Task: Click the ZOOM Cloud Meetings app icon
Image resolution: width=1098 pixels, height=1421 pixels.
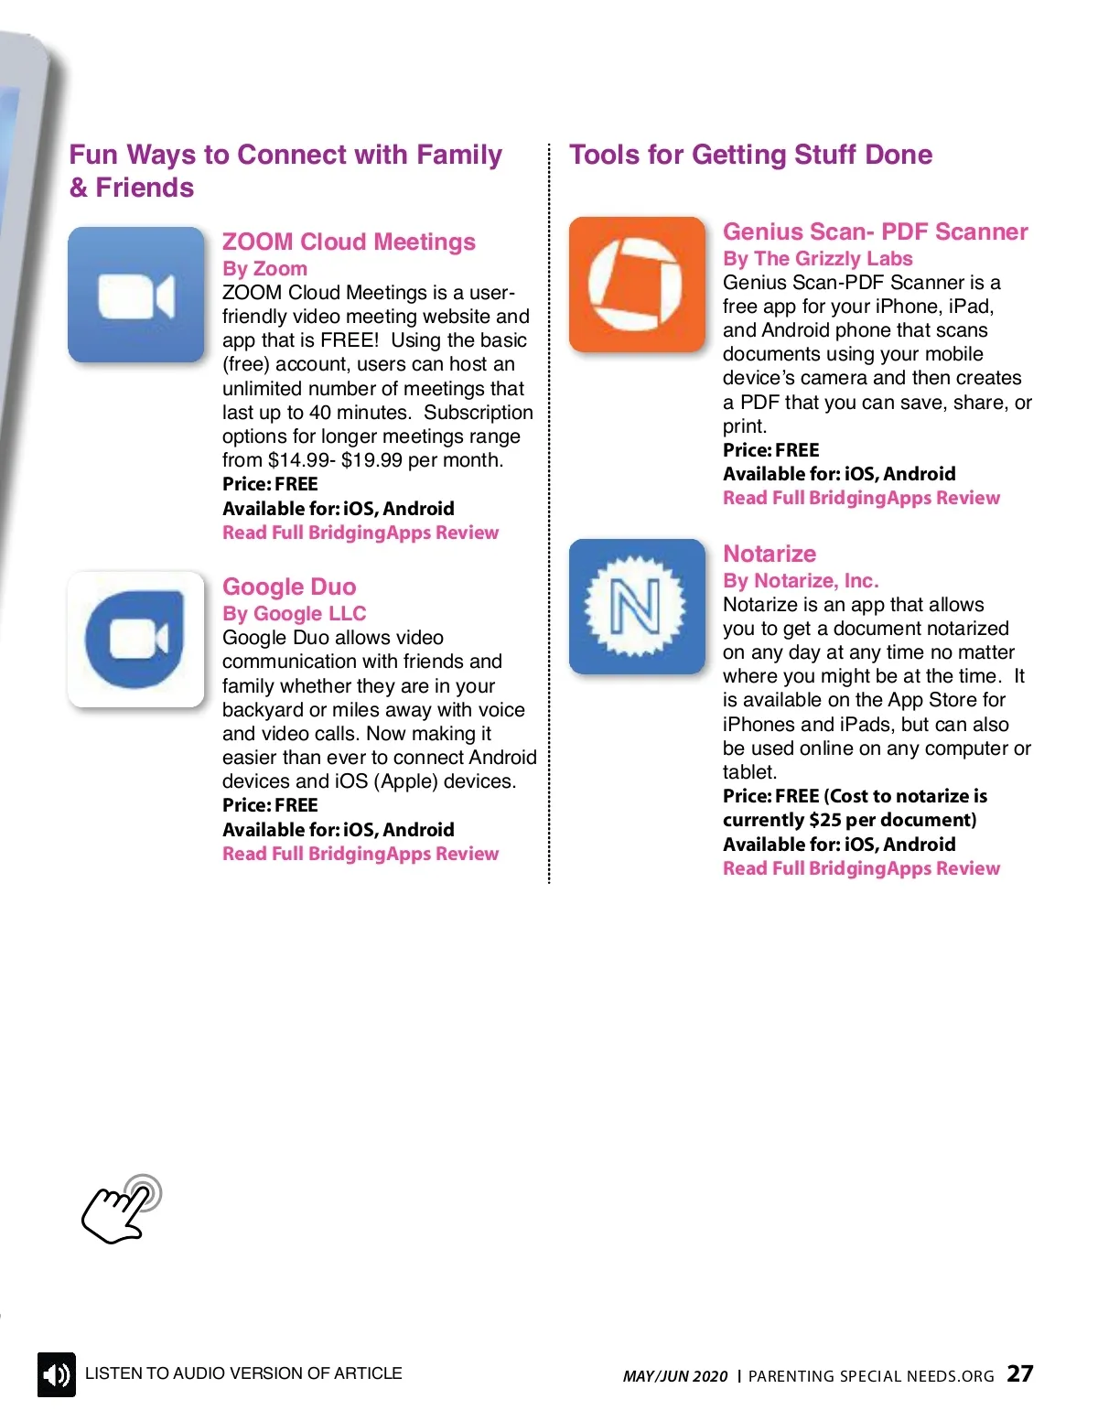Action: click(136, 295)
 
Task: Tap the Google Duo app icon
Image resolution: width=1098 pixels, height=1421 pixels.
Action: click(136, 640)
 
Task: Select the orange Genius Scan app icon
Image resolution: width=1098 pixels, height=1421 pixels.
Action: click(637, 285)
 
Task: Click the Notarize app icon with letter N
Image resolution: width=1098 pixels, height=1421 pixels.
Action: click(637, 607)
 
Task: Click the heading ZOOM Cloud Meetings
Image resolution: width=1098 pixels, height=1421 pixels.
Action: click(349, 242)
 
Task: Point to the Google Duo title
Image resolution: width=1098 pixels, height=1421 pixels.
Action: click(289, 587)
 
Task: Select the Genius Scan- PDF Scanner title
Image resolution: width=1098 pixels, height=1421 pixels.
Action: click(875, 231)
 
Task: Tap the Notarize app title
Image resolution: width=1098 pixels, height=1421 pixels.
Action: click(770, 554)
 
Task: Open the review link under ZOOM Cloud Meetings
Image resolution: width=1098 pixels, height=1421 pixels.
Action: click(361, 533)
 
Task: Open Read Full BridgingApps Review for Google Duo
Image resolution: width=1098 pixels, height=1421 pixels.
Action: click(361, 854)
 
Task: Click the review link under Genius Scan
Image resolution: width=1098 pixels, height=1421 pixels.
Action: click(861, 498)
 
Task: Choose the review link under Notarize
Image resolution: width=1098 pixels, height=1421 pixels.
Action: click(861, 868)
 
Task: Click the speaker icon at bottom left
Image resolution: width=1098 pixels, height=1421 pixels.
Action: click(57, 1374)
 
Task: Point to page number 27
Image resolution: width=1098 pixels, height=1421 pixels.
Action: click(1020, 1373)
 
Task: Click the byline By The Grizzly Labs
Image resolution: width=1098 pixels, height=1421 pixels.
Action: click(817, 259)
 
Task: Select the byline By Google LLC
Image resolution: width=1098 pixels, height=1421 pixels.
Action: click(294, 614)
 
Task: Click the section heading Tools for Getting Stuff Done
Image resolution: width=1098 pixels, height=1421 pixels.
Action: click(750, 155)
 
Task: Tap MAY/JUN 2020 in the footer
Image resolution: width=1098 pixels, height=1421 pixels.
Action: click(675, 1376)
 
